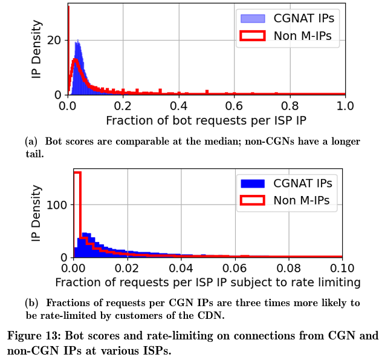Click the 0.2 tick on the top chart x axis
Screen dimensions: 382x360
123,106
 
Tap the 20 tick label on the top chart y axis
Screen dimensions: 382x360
54,41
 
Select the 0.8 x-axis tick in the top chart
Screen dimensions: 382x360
290,106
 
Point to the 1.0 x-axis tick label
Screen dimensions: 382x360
345,106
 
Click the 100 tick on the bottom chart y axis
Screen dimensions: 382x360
57,205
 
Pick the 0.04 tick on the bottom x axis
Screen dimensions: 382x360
181,268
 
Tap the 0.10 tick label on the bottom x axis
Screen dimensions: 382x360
342,268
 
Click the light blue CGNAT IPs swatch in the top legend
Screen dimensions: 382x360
253,19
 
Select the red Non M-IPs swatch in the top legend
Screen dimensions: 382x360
253,36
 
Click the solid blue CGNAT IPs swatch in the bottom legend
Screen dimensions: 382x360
253,184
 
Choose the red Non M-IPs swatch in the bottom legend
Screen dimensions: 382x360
253,200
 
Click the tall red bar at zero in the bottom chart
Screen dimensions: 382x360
77,215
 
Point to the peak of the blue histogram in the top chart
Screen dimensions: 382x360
78,40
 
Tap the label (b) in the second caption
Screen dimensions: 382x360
32,303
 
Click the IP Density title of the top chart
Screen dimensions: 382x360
36,49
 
